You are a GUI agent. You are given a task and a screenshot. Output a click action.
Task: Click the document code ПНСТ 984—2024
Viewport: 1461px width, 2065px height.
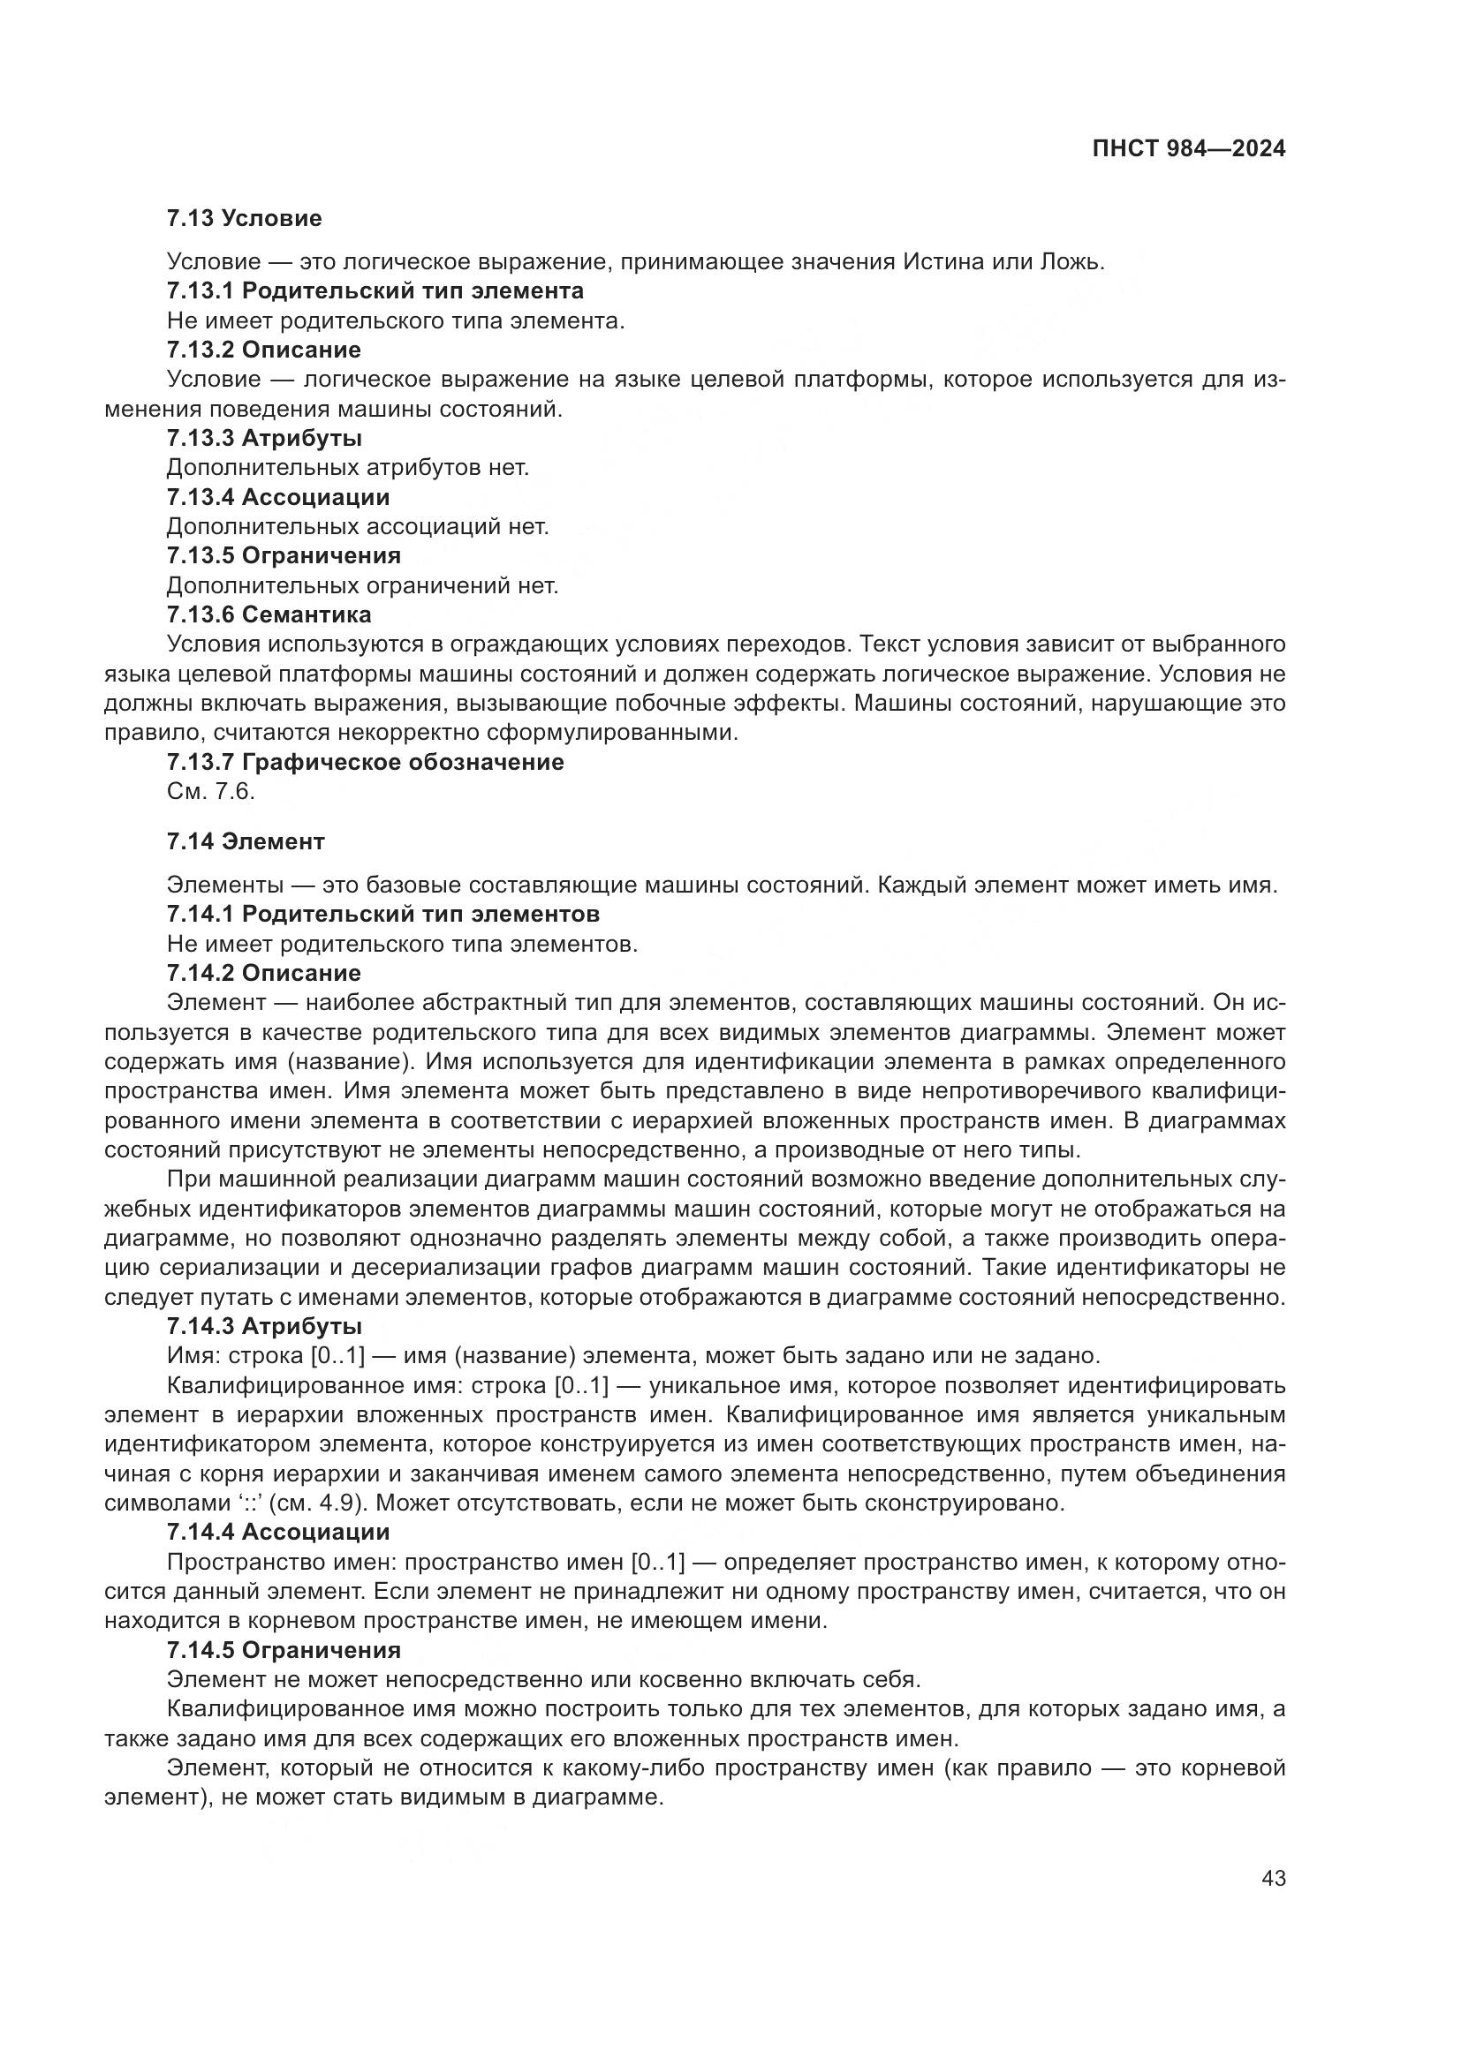click(1188, 149)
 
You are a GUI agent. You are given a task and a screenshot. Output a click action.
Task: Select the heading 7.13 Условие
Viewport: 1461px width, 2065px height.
click(244, 218)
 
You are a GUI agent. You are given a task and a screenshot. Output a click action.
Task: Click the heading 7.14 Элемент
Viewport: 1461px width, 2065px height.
click(246, 841)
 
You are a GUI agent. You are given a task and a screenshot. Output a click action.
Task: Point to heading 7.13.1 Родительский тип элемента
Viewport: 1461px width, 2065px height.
click(375, 290)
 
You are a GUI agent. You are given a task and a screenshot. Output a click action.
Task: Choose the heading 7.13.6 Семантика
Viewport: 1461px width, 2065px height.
click(269, 614)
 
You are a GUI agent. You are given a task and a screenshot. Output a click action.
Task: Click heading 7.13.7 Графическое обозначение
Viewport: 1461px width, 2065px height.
click(366, 762)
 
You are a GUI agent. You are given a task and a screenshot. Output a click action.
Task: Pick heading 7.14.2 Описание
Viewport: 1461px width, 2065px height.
click(263, 972)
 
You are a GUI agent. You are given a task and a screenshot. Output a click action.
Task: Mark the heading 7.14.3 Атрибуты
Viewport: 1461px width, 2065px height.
click(264, 1326)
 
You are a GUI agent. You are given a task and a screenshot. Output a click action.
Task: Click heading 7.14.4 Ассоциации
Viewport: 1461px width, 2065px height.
click(278, 1532)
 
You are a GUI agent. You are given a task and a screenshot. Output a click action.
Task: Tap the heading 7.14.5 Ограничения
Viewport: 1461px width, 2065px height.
click(284, 1649)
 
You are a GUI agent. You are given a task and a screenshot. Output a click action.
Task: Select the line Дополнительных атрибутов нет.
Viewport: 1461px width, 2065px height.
click(348, 468)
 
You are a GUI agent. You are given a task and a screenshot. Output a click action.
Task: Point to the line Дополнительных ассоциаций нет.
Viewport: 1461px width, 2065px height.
click(358, 526)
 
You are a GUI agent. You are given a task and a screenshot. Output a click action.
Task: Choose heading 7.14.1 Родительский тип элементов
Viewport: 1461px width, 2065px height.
click(383, 914)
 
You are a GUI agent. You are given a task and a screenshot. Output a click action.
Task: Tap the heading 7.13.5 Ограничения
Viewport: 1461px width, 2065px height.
click(284, 555)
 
